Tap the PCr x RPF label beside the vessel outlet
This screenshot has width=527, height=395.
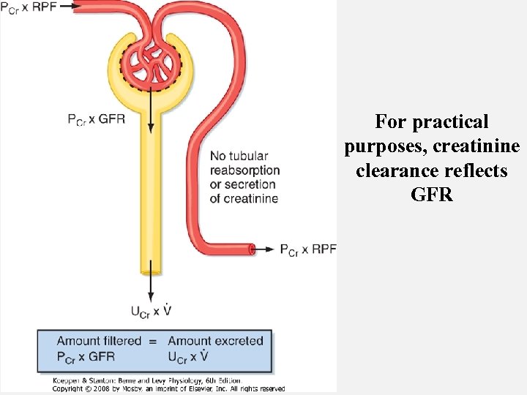(x=307, y=249)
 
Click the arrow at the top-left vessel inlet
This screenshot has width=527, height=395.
(x=66, y=6)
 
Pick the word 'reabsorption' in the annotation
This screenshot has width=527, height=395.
(x=244, y=170)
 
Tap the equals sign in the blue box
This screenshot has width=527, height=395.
(x=152, y=341)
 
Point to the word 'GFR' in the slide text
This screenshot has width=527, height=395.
(x=432, y=195)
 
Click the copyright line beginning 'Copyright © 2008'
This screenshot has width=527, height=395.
(x=168, y=388)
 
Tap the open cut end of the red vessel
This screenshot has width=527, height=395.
(x=251, y=249)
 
